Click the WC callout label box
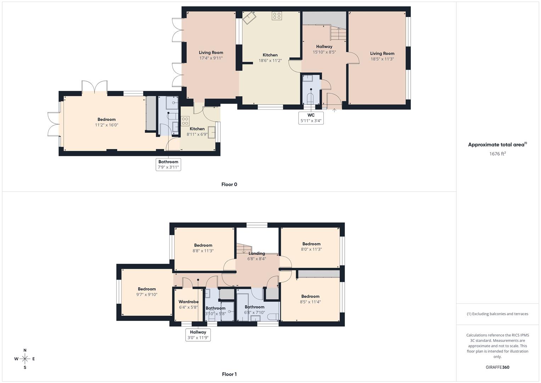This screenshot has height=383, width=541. tap(311, 118)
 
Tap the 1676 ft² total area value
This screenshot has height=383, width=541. tap(497, 154)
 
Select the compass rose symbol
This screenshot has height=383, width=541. tap(25, 359)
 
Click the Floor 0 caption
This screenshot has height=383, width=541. tap(229, 184)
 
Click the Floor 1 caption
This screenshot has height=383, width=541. tap(229, 374)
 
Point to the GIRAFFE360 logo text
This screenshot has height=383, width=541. tap(497, 367)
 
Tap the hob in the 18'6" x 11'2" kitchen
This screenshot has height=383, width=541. tap(277, 16)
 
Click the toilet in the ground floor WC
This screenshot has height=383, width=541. tap(311, 98)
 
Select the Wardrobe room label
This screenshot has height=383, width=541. tap(188, 302)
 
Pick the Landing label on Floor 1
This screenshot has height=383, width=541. tap(257, 253)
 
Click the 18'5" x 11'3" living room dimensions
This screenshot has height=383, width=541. tap(382, 59)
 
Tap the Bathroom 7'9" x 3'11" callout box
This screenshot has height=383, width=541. tap(168, 165)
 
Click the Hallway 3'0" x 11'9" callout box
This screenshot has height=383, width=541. tap(198, 335)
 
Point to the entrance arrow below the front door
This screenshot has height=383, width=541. tap(334, 110)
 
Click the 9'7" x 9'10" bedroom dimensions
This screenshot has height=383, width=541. tap(147, 295)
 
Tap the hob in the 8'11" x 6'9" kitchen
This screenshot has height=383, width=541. tap(185, 121)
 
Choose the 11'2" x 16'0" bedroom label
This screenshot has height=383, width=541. tap(106, 120)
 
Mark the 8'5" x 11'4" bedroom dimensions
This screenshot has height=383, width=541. tap(310, 302)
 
